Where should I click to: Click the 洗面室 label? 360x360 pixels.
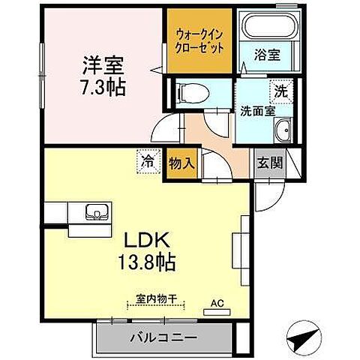pyautogui.click(x=256, y=111)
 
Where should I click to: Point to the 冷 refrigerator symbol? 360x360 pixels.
pyautogui.click(x=148, y=160)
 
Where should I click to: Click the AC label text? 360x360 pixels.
pyautogui.click(x=217, y=303)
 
